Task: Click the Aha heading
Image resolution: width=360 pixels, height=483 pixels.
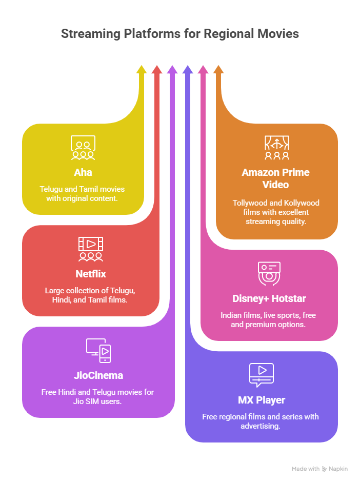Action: click(83, 172)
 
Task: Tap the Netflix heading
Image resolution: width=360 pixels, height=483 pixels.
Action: click(90, 274)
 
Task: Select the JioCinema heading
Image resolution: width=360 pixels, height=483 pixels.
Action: click(97, 375)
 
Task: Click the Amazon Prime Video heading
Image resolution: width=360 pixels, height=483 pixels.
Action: click(276, 178)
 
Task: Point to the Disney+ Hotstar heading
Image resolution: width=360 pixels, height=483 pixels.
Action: click(269, 299)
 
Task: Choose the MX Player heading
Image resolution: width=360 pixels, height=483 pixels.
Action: click(261, 400)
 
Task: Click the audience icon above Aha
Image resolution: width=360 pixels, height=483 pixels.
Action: click(83, 148)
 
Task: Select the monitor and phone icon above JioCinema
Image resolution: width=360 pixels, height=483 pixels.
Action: click(98, 351)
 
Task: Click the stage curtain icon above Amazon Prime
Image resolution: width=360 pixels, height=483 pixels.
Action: click(276, 148)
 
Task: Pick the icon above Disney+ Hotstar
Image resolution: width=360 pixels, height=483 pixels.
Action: click(269, 273)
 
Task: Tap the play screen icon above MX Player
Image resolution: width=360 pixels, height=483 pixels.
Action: click(261, 375)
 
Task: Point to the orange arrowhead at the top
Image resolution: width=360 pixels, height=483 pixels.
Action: click(218, 70)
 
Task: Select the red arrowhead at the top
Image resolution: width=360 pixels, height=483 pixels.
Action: click(157, 70)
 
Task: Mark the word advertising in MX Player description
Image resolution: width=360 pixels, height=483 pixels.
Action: click(261, 426)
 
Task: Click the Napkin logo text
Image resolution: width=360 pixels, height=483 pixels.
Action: click(339, 469)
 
